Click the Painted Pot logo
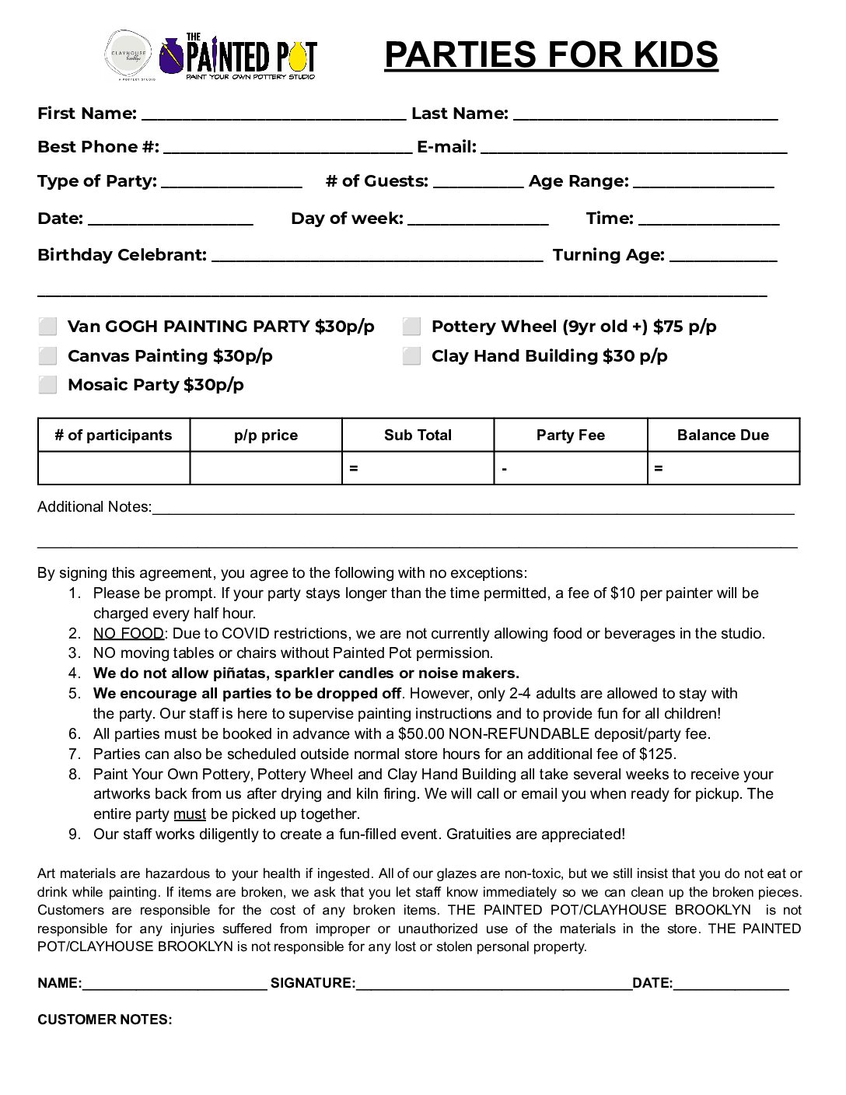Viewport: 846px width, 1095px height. [238, 56]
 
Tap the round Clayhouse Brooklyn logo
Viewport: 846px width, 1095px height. [130, 54]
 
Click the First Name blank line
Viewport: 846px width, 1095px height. [274, 115]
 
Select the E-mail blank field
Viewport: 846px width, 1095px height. [634, 149]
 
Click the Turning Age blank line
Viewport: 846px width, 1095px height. [722, 257]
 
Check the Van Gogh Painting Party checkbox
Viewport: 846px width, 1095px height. [48, 327]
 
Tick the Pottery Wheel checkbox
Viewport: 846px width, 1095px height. [412, 327]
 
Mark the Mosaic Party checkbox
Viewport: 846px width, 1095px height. [48, 385]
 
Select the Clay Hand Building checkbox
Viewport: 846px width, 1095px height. [412, 356]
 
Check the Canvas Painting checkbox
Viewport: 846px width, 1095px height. [48, 356]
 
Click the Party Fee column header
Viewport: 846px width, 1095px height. [570, 436]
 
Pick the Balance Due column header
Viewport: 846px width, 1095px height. [722, 436]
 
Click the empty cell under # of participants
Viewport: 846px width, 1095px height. [114, 468]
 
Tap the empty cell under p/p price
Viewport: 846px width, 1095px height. [266, 468]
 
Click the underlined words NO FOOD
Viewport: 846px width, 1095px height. [128, 634]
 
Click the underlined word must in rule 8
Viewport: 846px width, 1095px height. [190, 814]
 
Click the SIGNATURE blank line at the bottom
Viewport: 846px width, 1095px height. [494, 985]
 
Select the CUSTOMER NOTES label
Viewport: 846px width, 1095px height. [105, 1020]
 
